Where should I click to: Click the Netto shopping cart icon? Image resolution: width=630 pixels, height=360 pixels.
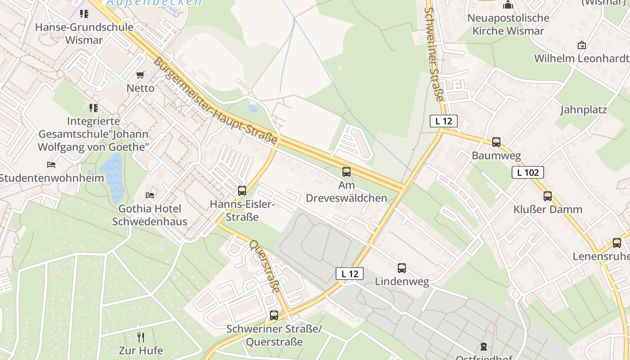[140, 75]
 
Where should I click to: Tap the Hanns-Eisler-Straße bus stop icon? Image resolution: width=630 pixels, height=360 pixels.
[242, 190]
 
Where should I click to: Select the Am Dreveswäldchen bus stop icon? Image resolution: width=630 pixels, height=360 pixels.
[346, 171]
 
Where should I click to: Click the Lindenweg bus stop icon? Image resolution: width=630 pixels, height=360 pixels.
[402, 268]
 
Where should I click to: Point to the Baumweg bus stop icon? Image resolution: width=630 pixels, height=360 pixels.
[496, 142]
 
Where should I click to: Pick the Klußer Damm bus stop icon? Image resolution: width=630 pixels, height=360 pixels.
[548, 196]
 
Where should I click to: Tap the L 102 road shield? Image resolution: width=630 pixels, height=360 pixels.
[527, 172]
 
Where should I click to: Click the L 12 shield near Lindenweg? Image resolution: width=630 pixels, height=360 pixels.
[349, 274]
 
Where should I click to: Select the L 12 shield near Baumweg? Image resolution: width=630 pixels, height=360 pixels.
[443, 121]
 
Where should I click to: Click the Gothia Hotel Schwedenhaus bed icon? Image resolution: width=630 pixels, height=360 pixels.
[150, 195]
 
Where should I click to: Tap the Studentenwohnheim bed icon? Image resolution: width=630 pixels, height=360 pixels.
[51, 165]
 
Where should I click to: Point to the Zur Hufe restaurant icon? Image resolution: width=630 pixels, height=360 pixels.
[141, 337]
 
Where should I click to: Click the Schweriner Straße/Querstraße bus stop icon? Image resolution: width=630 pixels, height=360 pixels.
[274, 315]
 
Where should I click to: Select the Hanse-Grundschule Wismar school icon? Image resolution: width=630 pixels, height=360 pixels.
[84, 14]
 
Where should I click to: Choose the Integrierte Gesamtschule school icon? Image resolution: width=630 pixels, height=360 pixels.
[94, 108]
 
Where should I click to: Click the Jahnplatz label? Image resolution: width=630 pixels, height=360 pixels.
[583, 110]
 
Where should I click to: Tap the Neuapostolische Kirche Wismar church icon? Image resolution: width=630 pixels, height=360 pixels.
[508, 5]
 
